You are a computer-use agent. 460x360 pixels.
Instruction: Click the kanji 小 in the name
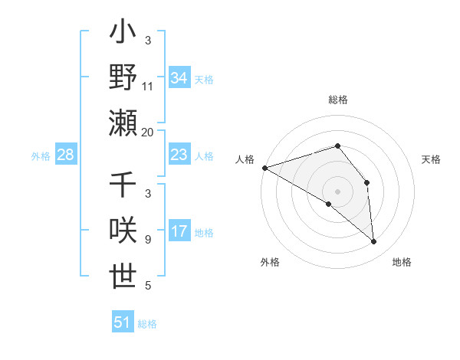tap(123, 35)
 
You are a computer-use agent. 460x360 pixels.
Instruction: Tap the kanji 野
tap(123, 78)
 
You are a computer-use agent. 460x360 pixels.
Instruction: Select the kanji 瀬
tap(123, 123)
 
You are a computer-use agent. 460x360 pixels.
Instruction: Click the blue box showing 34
tap(179, 78)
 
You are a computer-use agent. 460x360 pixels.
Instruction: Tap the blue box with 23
tap(179, 155)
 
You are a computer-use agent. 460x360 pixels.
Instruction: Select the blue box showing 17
tap(179, 232)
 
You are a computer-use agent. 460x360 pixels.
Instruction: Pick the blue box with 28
tap(65, 155)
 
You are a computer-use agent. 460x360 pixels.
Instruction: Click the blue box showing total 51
tap(123, 322)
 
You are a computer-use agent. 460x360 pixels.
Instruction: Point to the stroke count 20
tap(148, 132)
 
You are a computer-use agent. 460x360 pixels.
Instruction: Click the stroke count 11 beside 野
tap(148, 86)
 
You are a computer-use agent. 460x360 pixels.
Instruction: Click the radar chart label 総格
tap(337, 100)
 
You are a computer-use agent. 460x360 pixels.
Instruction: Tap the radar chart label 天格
tap(432, 159)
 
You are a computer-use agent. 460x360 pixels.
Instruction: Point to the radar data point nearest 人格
tap(264, 167)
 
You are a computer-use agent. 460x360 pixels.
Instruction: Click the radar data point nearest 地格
tap(373, 242)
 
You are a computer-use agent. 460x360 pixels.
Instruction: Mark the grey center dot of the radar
tap(337, 191)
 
